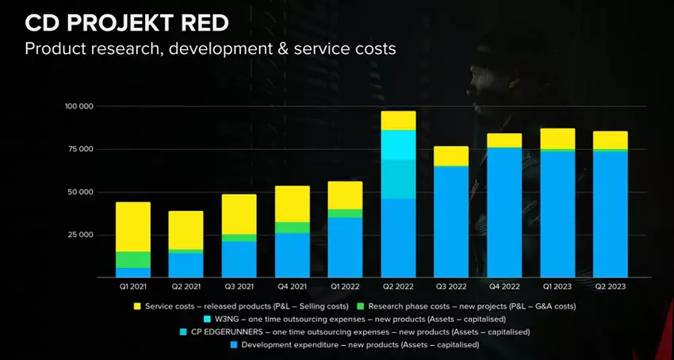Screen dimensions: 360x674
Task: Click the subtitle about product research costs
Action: coord(210,48)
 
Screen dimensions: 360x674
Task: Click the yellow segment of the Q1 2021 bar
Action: coord(132,227)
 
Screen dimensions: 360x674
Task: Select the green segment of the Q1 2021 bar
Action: coord(132,259)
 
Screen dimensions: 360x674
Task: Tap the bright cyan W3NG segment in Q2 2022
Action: coord(398,144)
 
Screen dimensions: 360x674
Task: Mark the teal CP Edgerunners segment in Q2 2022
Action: coord(398,178)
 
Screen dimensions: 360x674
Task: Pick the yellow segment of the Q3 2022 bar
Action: coord(451,155)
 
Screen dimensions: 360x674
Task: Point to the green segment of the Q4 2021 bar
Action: coord(292,228)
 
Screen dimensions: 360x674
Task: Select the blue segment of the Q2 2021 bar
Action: coord(186,265)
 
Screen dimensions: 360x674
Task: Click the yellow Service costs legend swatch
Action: coord(138,305)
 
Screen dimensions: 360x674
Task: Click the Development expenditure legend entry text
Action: coord(361,345)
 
